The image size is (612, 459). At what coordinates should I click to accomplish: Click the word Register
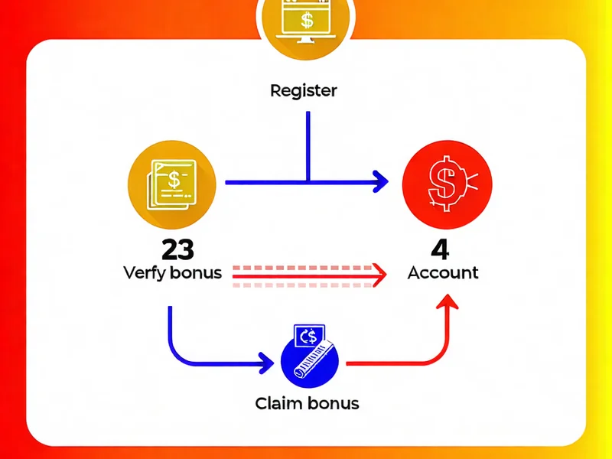pyautogui.click(x=304, y=91)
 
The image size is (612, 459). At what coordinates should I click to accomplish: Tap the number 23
pyautogui.click(x=177, y=249)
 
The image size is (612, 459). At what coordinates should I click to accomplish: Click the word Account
pyautogui.click(x=443, y=272)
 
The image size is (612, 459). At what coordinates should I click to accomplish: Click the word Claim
pyautogui.click(x=279, y=402)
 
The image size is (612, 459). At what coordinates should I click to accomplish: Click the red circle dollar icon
pyautogui.click(x=447, y=182)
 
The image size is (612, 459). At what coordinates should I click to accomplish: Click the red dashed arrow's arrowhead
pyautogui.click(x=375, y=273)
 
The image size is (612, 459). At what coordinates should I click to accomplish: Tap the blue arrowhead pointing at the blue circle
pyautogui.click(x=266, y=361)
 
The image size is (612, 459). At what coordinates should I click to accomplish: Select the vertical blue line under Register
pyautogui.click(x=308, y=145)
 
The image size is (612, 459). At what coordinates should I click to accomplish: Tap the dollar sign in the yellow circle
pyautogui.click(x=174, y=181)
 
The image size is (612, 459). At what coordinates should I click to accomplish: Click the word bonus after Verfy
pyautogui.click(x=196, y=273)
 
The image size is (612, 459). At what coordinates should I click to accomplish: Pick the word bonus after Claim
pyautogui.click(x=333, y=402)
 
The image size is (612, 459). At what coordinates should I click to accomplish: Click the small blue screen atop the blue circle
pyautogui.click(x=309, y=334)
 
